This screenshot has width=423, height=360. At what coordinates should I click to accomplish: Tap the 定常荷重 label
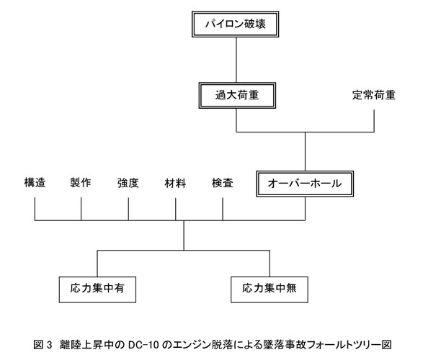[374, 95]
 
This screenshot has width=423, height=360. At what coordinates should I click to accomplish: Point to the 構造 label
[35, 183]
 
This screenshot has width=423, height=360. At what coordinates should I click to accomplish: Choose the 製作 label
[81, 183]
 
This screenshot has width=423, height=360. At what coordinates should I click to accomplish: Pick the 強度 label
[128, 183]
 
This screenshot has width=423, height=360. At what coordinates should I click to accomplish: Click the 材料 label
[175, 183]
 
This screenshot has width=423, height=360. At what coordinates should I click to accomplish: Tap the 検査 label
[223, 183]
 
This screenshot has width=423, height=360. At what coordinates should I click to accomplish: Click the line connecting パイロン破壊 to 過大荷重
[236, 60]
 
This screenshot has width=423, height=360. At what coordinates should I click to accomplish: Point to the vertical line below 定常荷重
[374, 121]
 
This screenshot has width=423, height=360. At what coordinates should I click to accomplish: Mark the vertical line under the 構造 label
[35, 209]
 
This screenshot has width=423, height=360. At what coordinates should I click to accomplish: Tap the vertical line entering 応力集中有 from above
[97, 264]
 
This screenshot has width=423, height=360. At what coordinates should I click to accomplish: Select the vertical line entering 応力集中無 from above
[270, 264]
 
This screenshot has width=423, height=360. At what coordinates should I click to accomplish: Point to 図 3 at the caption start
[43, 345]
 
